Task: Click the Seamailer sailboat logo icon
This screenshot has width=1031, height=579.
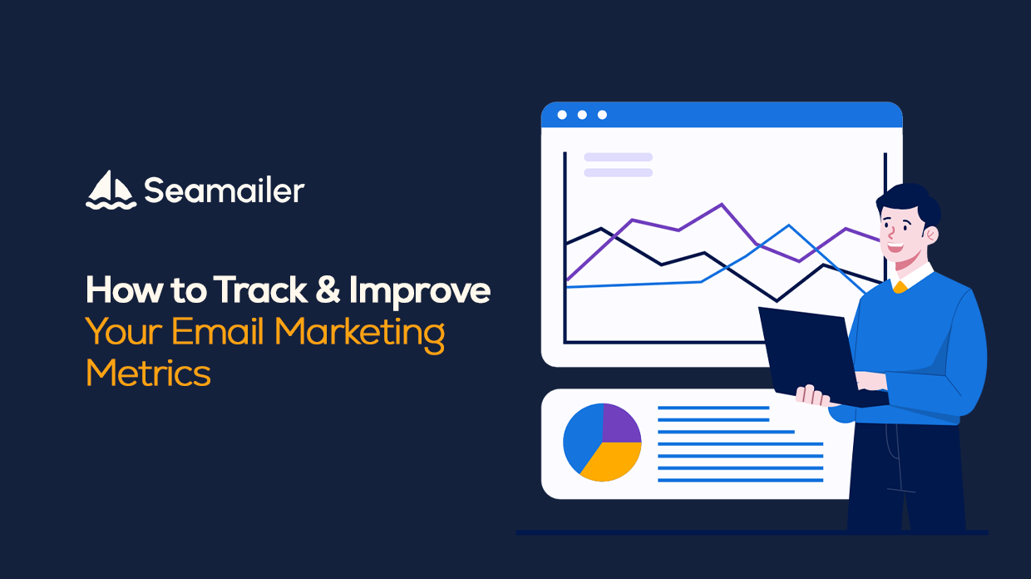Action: [111, 191]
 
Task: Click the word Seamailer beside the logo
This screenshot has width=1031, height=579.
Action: [224, 191]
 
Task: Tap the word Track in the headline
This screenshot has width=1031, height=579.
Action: [260, 289]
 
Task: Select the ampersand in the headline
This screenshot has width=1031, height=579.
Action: [328, 289]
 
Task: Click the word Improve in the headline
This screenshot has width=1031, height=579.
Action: [420, 292]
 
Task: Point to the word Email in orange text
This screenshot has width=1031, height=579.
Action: [218, 331]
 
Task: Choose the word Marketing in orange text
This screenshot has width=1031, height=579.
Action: [359, 335]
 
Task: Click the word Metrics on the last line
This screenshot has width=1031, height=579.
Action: [148, 373]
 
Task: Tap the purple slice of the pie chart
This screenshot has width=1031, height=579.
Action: [620, 423]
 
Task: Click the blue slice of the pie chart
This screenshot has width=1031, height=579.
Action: [582, 438]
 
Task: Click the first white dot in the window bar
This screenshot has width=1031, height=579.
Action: [562, 115]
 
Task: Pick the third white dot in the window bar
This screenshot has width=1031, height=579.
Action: [602, 115]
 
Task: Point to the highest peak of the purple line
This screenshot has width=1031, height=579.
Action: [722, 204]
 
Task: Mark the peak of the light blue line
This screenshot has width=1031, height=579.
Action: [788, 225]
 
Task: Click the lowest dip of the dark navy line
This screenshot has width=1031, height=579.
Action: [777, 301]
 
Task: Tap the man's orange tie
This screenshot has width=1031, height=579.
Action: [900, 287]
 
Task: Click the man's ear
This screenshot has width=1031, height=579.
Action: [931, 235]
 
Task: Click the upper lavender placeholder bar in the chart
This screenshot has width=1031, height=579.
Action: [618, 157]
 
